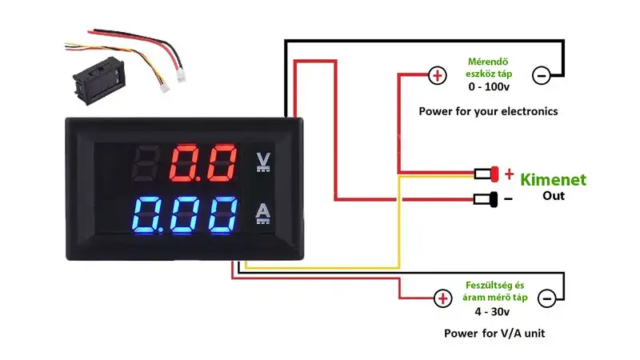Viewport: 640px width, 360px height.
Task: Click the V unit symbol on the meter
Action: click(x=263, y=162)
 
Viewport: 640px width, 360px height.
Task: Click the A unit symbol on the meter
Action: click(x=263, y=214)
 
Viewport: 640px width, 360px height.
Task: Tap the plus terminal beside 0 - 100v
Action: click(x=438, y=75)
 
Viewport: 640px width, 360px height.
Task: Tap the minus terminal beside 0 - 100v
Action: click(x=542, y=75)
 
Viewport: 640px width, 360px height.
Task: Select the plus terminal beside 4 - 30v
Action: click(x=443, y=298)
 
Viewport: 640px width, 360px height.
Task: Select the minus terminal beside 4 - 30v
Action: click(x=547, y=298)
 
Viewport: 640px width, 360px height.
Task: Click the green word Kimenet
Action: click(x=553, y=179)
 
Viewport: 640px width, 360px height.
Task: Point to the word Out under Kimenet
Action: click(x=554, y=196)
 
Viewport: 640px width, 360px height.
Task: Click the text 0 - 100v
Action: click(x=489, y=86)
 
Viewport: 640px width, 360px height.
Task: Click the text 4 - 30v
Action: click(x=492, y=312)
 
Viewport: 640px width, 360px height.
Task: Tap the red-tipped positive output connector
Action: click(x=486, y=174)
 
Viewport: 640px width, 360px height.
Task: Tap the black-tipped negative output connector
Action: click(x=486, y=199)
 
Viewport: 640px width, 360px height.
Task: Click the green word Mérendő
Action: click(x=488, y=62)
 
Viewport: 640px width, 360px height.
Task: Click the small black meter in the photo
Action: click(x=98, y=81)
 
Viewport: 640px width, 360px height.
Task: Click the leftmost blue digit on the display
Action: click(x=146, y=215)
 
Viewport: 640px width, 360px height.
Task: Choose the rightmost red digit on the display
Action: click(x=222, y=162)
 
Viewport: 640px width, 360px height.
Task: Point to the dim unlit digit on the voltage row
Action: click(x=146, y=162)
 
